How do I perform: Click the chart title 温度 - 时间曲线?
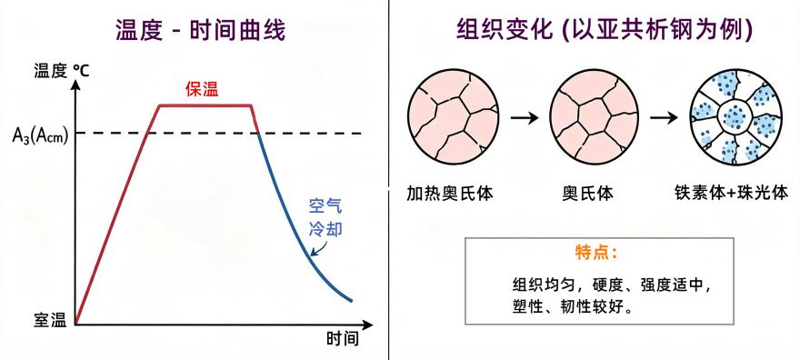coord(200,32)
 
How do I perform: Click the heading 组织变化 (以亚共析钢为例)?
coord(605,32)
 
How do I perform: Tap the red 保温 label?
coord(202,90)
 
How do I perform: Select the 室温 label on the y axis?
coord(50,321)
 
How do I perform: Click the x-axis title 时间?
coord(343,338)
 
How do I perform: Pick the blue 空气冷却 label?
coord(325,216)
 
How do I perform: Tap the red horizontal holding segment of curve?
coord(205,105)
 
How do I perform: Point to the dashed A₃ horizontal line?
coord(218,134)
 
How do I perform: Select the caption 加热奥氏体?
coord(450,193)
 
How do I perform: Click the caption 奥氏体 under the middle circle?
coord(588,193)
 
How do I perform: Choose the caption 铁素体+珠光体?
coord(731,193)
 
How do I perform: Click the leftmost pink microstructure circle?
coord(454,118)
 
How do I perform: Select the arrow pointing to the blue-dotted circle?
coord(664,118)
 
